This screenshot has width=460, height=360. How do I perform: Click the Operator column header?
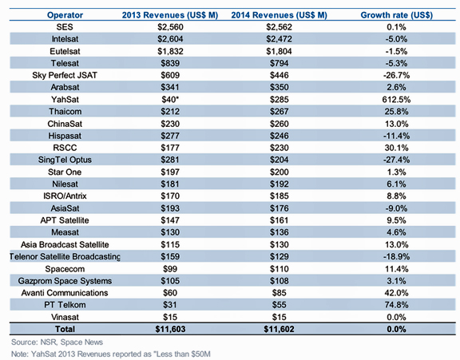tap(65, 15)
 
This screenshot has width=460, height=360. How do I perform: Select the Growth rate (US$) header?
tap(396, 15)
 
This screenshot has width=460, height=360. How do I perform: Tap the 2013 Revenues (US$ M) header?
tap(170, 15)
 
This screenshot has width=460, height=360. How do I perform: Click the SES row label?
tap(65, 27)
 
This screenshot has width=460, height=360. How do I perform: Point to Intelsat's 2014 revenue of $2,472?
tap(279, 39)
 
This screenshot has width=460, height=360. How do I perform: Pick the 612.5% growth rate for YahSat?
tap(396, 100)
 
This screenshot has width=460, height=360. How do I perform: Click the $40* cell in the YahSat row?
tap(170, 100)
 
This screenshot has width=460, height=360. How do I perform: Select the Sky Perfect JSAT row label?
tap(65, 75)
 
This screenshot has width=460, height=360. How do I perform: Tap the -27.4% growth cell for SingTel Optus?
tap(396, 160)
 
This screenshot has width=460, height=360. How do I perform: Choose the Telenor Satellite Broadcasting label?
tap(65, 256)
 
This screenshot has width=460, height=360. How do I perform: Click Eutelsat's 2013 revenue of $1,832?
tap(170, 51)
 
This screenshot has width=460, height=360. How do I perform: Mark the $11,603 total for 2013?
tap(170, 329)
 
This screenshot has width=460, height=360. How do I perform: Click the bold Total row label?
tap(65, 329)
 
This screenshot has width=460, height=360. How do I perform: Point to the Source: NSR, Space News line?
tap(57, 342)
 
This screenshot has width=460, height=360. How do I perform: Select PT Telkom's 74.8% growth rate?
tap(396, 305)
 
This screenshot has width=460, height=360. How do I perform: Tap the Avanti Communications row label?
tap(65, 293)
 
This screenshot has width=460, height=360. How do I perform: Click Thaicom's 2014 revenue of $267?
tap(279, 112)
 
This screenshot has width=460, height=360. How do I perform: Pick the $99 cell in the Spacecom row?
tap(170, 268)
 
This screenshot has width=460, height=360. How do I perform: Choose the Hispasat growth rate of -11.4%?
tap(396, 136)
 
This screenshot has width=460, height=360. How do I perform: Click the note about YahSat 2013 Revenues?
tap(111, 354)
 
